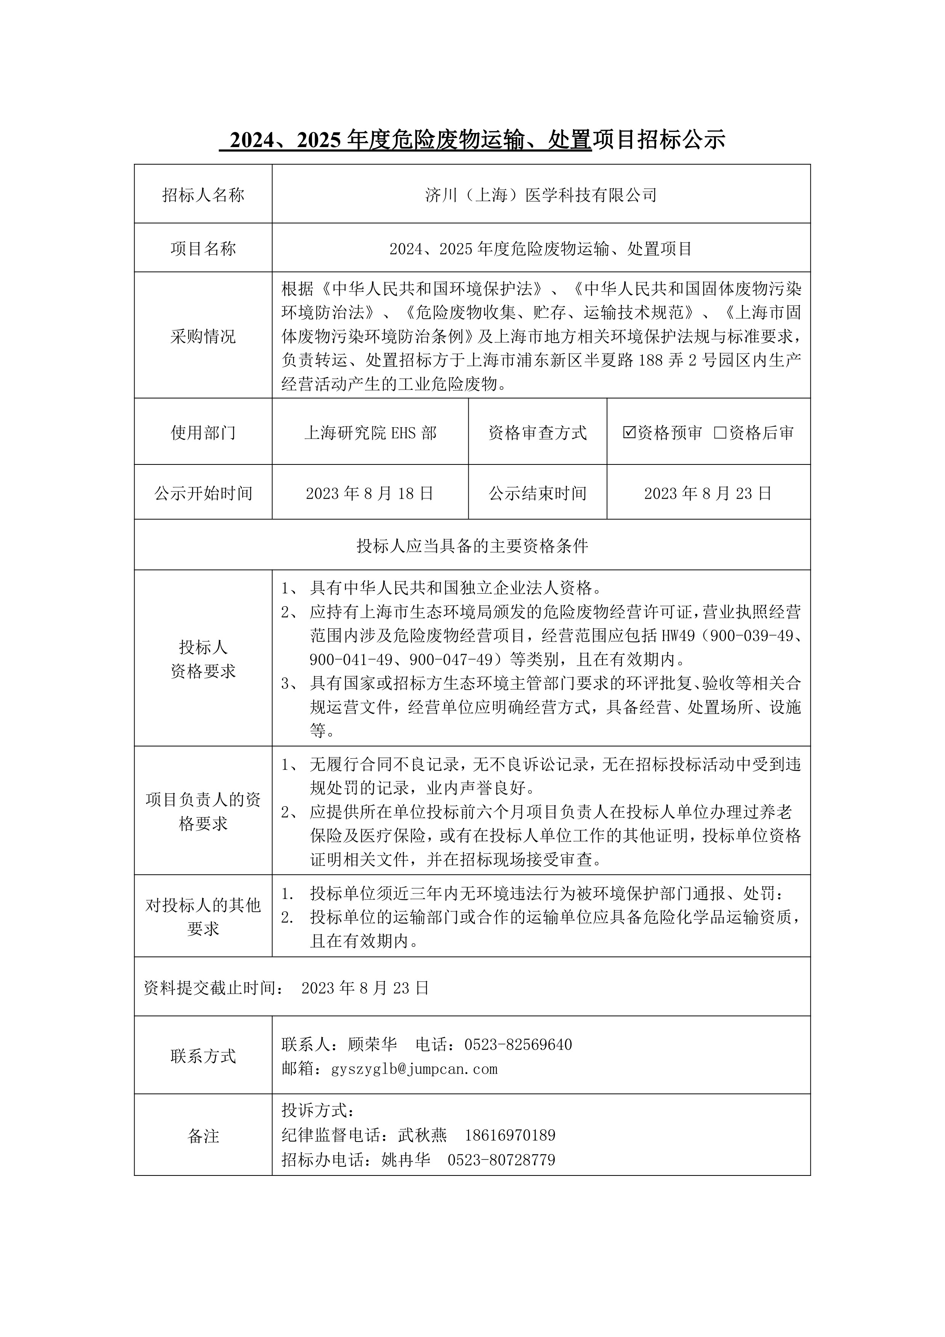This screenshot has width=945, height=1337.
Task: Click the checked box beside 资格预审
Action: [x=629, y=433]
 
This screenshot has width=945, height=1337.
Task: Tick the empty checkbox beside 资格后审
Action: [x=720, y=433]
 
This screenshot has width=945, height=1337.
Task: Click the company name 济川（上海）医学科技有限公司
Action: [x=541, y=195]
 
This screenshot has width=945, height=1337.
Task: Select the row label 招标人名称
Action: [x=203, y=195]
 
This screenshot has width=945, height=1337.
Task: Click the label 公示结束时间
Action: [x=537, y=494]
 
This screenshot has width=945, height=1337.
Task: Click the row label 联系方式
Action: [x=203, y=1056]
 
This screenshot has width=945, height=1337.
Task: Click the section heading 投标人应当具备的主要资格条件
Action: [x=472, y=546]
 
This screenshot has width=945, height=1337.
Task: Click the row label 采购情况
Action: [x=203, y=336]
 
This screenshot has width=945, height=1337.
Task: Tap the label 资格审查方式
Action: [x=537, y=433]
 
